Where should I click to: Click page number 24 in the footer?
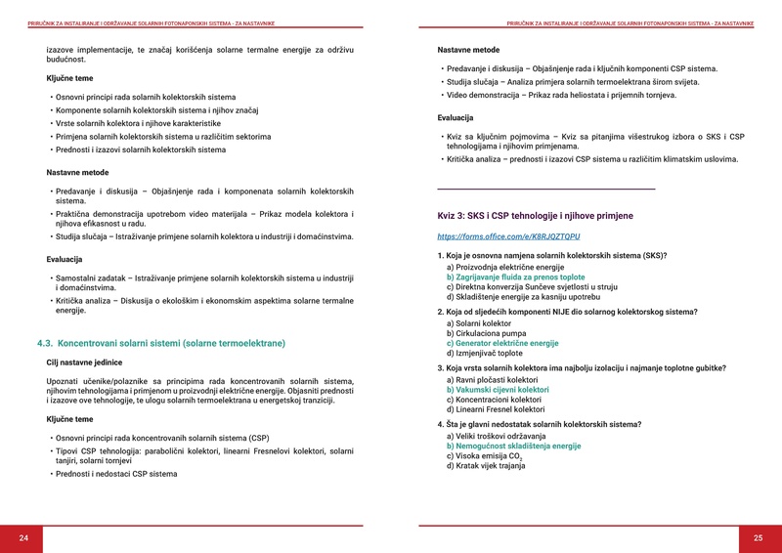[23, 538]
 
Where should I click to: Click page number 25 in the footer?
[758, 538]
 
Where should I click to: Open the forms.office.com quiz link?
[495, 237]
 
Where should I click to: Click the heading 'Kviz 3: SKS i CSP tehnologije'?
[535, 215]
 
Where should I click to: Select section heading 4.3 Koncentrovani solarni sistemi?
[161, 343]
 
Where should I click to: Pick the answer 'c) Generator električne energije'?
[502, 344]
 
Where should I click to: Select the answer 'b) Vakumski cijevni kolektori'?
[498, 389]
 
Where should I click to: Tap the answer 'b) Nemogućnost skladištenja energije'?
[513, 446]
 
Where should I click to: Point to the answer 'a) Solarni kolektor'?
[479, 322]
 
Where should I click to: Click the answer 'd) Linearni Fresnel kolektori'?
[496, 409]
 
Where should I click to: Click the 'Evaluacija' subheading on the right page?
[456, 117]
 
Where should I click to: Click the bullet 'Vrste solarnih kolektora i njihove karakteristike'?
[138, 124]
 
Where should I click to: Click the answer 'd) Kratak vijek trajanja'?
[486, 466]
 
